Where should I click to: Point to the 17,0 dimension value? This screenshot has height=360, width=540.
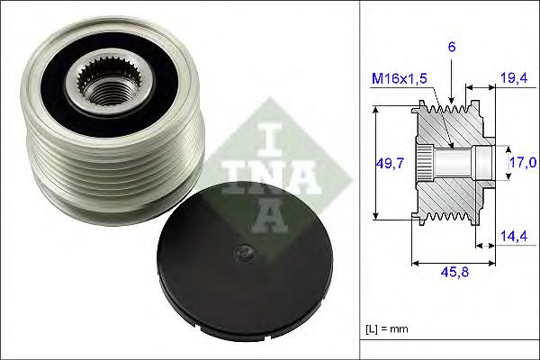[523, 162]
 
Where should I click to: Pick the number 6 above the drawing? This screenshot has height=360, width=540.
[451, 47]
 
